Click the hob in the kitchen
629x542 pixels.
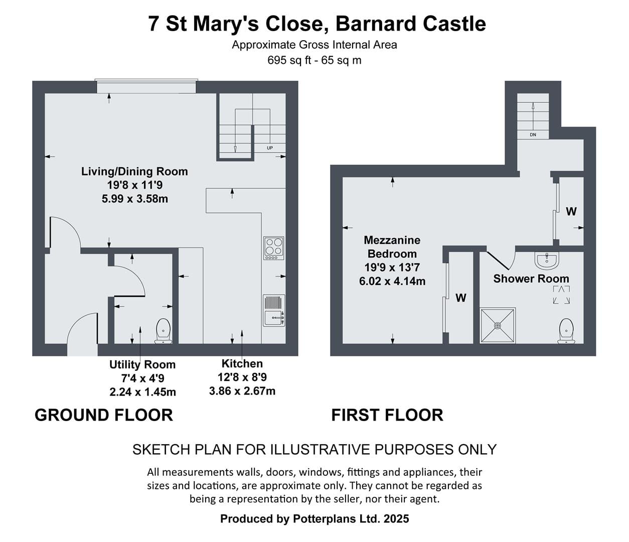coord(273,248)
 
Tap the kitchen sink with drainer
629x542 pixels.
coord(274,310)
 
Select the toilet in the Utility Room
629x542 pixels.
coord(164,331)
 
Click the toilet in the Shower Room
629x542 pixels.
coord(566,331)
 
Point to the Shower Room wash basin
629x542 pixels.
coord(547,260)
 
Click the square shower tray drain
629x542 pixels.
coord(498,326)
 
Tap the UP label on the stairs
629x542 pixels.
coord(270,148)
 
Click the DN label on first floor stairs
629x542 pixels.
coord(533,134)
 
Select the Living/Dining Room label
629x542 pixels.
coord(134,172)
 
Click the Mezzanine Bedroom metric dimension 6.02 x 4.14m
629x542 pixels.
coord(392,281)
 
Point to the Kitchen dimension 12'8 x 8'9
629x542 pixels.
coord(242,377)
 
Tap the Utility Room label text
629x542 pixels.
coord(142,364)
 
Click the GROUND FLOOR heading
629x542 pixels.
coord(104,415)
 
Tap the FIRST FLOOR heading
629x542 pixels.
coord(387,415)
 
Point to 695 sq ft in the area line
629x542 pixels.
coord(289,60)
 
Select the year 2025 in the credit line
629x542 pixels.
coord(396,518)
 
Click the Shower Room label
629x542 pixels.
coord(531,279)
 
